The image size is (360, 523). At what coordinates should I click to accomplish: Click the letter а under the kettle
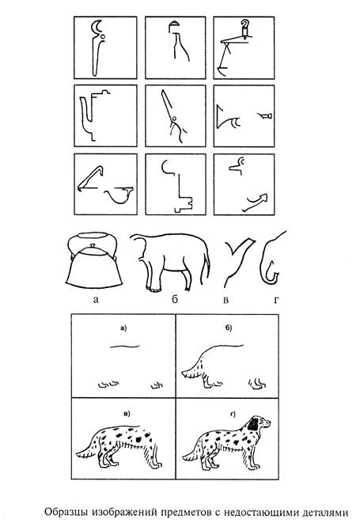point(96,300)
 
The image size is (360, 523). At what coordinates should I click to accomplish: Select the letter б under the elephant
point(175,299)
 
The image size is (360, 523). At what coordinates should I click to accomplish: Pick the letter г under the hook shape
point(275,300)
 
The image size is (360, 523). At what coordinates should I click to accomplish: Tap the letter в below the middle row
point(225,300)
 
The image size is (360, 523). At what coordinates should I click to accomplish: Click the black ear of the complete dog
point(254,423)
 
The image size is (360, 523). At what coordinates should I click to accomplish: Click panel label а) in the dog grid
point(123,328)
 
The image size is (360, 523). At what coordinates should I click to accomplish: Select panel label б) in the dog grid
point(229,328)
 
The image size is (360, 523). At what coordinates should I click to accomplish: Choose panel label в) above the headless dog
point(127,414)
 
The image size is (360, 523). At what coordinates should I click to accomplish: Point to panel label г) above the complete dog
point(232,414)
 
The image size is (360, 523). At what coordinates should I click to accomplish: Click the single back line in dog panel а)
point(125,347)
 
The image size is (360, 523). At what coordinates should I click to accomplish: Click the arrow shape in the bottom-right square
point(256,202)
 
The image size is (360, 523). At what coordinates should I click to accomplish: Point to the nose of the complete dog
point(269,423)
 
